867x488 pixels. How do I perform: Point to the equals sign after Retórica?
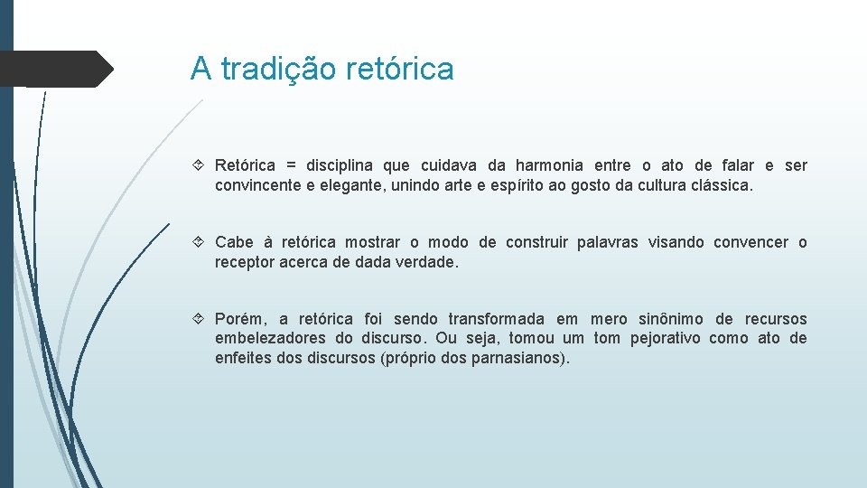tap(291, 165)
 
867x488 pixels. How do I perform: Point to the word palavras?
tap(607, 242)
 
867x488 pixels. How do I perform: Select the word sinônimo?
tap(671, 319)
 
